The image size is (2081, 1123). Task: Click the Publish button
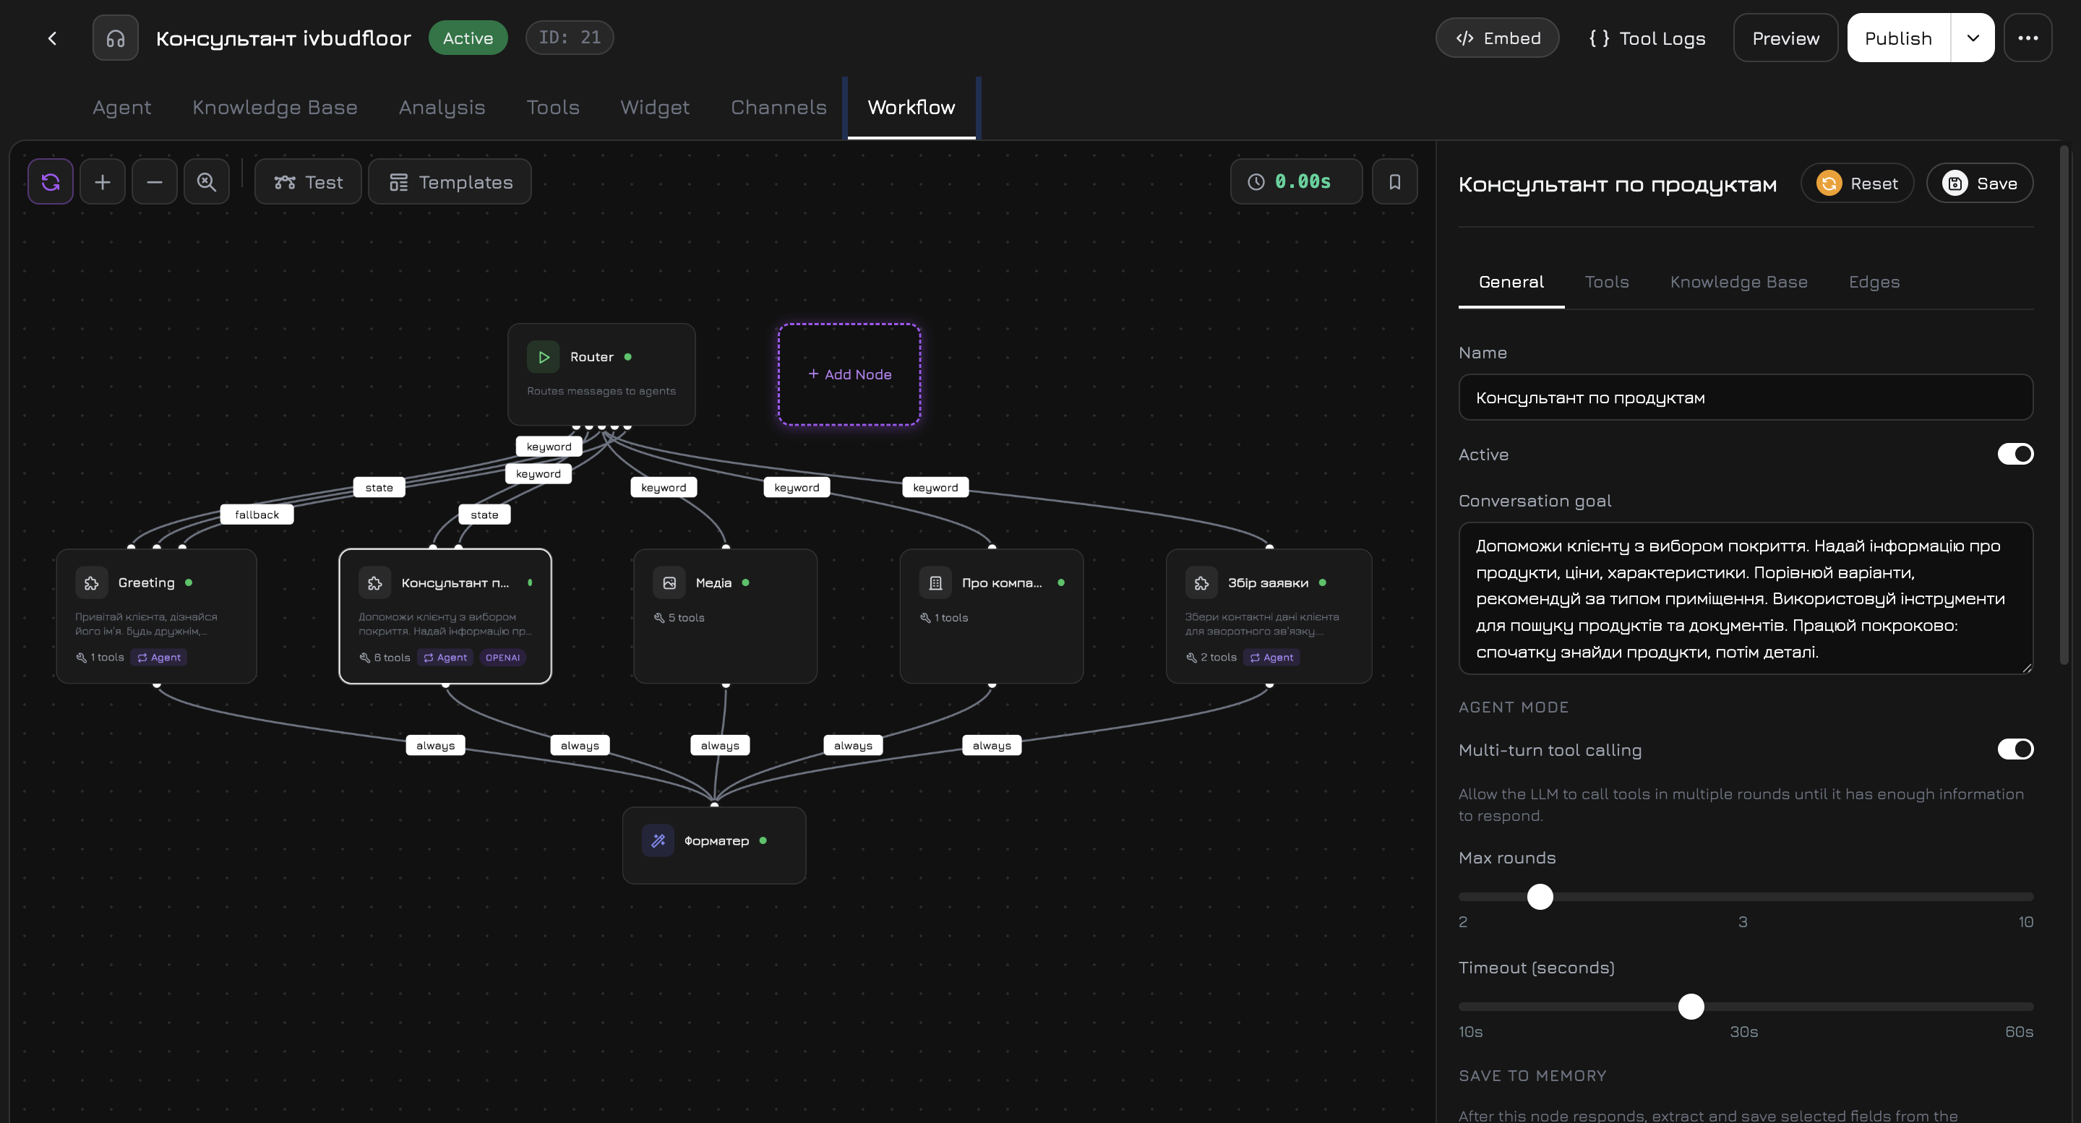(x=1897, y=38)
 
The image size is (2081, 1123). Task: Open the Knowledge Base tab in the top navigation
(x=275, y=108)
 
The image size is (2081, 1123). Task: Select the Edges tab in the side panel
(x=1874, y=282)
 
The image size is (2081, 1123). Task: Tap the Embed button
(x=1497, y=38)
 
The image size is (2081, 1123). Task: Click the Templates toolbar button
(x=450, y=183)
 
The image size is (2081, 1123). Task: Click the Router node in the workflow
(x=601, y=374)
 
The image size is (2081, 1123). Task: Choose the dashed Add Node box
(x=849, y=375)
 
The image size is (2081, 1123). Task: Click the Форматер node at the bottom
(x=714, y=844)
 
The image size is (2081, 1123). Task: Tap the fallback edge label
(x=257, y=515)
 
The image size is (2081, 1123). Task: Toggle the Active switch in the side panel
(x=2015, y=454)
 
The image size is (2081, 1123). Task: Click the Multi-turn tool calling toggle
(x=2015, y=749)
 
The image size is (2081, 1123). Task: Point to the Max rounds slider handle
(x=1540, y=897)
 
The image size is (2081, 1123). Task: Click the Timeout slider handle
(x=1691, y=1007)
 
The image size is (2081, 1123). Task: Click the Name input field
(x=1745, y=397)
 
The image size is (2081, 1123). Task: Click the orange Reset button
(x=1856, y=184)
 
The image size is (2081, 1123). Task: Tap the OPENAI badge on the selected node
(x=502, y=658)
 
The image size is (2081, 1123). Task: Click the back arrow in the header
(x=53, y=38)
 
